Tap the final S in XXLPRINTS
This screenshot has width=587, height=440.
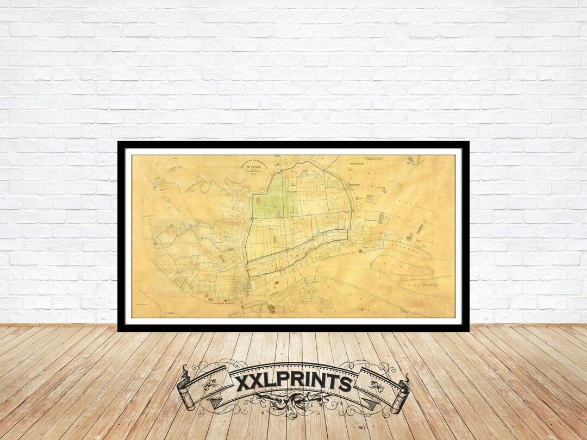(x=345, y=384)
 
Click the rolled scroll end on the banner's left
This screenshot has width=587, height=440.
(x=185, y=388)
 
